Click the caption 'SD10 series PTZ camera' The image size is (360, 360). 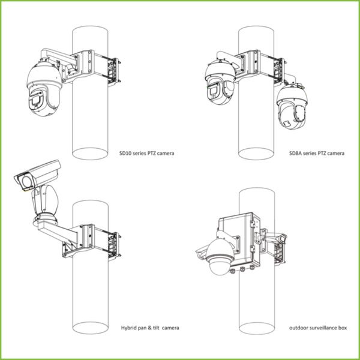tap(147, 154)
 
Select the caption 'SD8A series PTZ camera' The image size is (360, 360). tap(316, 154)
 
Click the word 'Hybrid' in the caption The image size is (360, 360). tap(128, 328)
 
